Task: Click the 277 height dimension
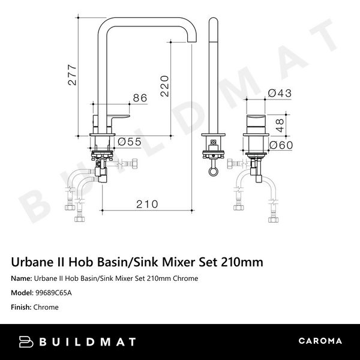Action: [x=72, y=75]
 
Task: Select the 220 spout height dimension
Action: [x=165, y=84]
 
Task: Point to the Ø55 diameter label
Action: [x=129, y=142]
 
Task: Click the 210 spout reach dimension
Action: [x=146, y=204]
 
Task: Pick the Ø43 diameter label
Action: [x=280, y=94]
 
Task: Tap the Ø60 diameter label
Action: [x=281, y=145]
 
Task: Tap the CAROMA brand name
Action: [x=320, y=342]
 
